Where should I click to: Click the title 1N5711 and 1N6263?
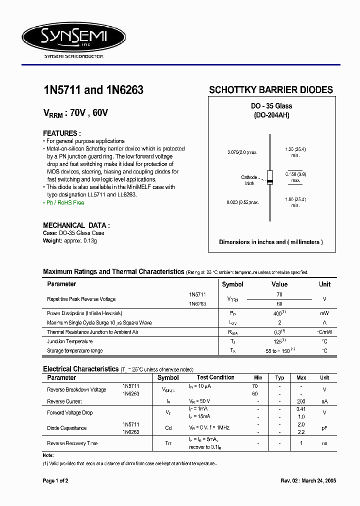[93, 90]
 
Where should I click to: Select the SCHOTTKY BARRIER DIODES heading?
[270, 90]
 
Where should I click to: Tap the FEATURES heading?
[62, 133]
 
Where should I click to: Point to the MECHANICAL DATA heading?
[76, 225]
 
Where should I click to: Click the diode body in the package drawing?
[270, 177]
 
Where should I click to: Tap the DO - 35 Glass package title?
[271, 106]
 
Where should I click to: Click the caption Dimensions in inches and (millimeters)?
[270, 242]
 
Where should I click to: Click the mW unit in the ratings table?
[324, 313]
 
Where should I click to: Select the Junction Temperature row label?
[70, 341]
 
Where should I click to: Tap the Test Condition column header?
[215, 377]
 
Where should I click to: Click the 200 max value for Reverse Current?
[301, 401]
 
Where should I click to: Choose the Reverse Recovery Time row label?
[72, 443]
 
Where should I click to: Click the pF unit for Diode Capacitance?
[324, 428]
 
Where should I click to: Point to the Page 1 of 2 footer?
[55, 480]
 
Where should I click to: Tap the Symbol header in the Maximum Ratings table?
[232, 284]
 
